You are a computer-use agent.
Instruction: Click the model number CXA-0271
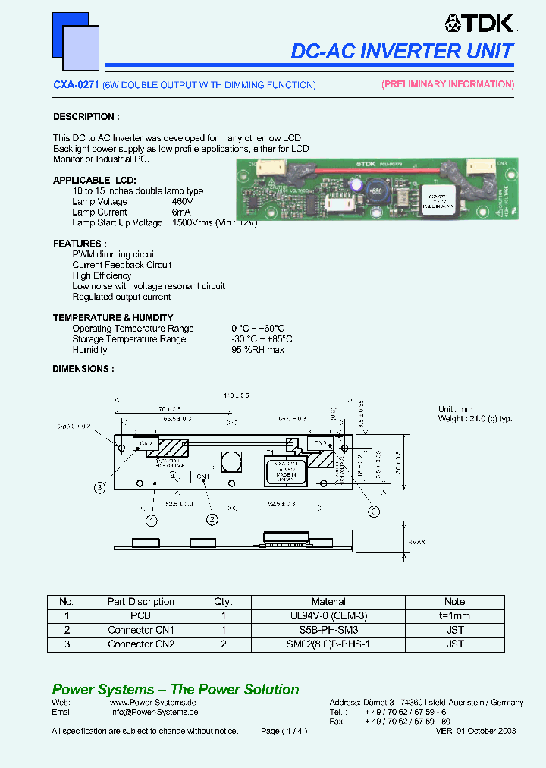[76, 85]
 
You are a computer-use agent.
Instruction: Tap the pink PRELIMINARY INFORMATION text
[447, 84]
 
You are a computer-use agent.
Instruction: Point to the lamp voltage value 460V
[182, 202]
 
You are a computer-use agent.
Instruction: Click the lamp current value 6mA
[181, 212]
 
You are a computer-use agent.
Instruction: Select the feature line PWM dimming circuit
[115, 254]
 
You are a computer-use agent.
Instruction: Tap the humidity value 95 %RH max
[258, 350]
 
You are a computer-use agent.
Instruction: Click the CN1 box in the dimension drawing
[202, 477]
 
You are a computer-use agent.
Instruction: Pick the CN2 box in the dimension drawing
[145, 443]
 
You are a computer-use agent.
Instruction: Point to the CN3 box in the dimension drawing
[319, 443]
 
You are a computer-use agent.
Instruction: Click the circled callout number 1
[152, 520]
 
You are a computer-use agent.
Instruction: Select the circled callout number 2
[212, 519]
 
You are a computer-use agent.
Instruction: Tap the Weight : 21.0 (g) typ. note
[475, 419]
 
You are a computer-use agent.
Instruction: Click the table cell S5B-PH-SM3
[328, 630]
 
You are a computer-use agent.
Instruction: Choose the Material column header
[328, 602]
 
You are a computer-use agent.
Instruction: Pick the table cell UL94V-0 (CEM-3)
[328, 616]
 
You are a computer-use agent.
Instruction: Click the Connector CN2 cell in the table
[141, 644]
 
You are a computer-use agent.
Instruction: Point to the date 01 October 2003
[488, 731]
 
